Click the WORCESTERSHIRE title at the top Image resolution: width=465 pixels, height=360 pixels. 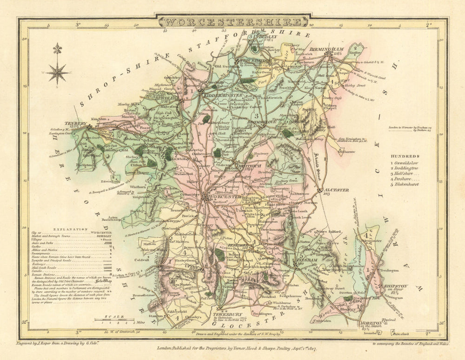click(x=233, y=22)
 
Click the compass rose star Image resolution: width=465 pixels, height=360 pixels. click(x=57, y=72)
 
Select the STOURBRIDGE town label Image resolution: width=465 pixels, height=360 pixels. click(x=253, y=61)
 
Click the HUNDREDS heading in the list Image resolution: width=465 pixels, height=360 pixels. click(x=405, y=157)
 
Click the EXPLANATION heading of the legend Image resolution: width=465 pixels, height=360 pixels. click(x=71, y=229)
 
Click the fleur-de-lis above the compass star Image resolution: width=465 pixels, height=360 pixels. click(x=57, y=49)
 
